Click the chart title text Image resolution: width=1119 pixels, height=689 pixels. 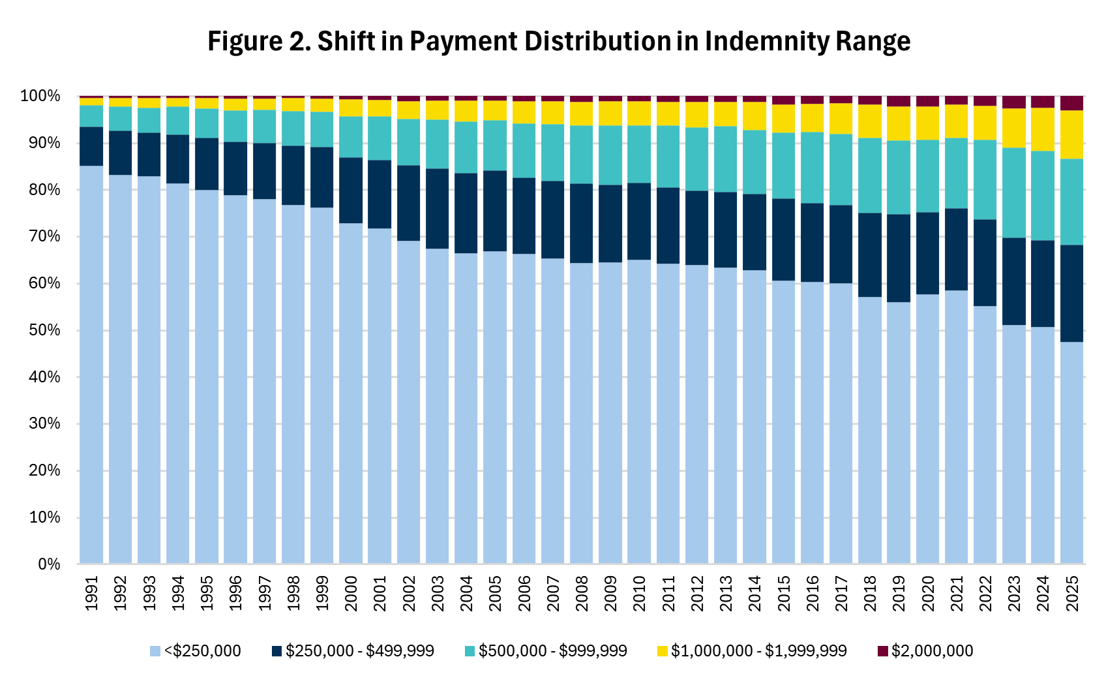(559, 41)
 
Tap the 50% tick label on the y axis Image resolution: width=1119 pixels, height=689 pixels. (44, 330)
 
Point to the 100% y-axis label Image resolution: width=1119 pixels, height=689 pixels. (40, 97)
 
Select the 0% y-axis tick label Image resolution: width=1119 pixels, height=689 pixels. (48, 564)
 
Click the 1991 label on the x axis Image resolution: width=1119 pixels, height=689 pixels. (92, 593)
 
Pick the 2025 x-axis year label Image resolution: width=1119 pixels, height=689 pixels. (1072, 593)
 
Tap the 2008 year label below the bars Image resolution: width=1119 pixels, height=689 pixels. (582, 593)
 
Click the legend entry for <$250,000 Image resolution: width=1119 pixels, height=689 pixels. (195, 651)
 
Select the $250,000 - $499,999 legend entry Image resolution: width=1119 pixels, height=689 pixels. (353, 651)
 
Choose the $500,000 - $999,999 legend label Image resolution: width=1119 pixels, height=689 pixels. (546, 651)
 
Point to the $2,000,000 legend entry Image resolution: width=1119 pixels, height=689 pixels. (925, 651)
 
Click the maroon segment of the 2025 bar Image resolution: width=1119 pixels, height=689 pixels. (1072, 103)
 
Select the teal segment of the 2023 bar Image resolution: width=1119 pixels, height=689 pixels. (1014, 193)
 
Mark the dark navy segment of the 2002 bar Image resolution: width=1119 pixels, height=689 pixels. (409, 204)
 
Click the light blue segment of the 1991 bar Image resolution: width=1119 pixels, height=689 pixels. (91, 365)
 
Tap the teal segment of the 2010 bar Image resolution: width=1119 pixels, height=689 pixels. (639, 155)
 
